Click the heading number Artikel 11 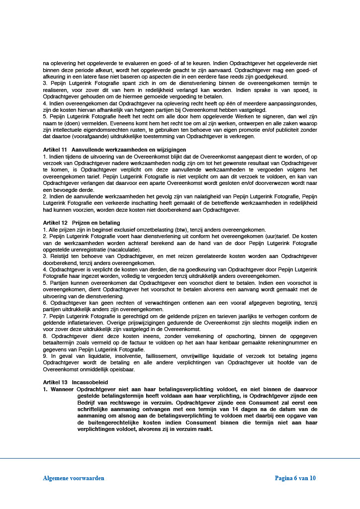pyautogui.click(x=55, y=150)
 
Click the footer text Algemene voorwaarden pyautogui.click(x=74, y=478)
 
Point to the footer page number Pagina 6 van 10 pyautogui.click(x=295, y=478)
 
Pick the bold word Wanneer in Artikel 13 pyautogui.click(x=62, y=389)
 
